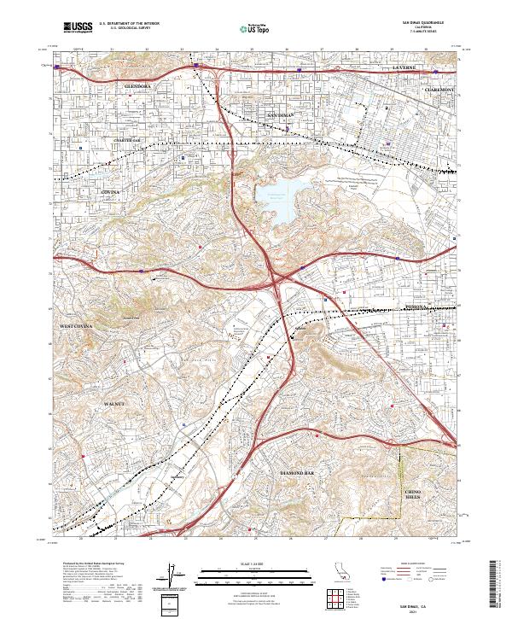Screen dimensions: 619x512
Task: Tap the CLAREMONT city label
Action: click(440, 88)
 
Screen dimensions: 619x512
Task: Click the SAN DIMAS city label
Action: click(281, 114)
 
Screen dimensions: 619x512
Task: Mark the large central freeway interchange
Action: click(276, 278)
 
